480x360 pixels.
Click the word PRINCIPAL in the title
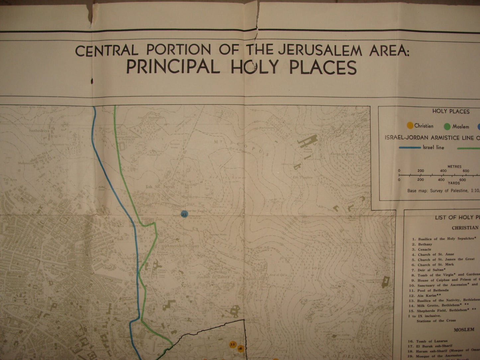(172, 67)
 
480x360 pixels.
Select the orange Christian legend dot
(410, 126)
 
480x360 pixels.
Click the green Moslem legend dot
(447, 126)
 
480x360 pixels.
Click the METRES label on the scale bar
(454, 167)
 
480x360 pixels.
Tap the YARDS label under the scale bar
(454, 183)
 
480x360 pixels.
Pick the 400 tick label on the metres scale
(443, 171)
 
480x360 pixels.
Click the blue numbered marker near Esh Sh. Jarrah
(184, 214)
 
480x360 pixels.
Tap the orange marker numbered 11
(232, 344)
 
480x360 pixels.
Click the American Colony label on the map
(184, 246)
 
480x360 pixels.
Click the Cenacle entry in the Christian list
(425, 249)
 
